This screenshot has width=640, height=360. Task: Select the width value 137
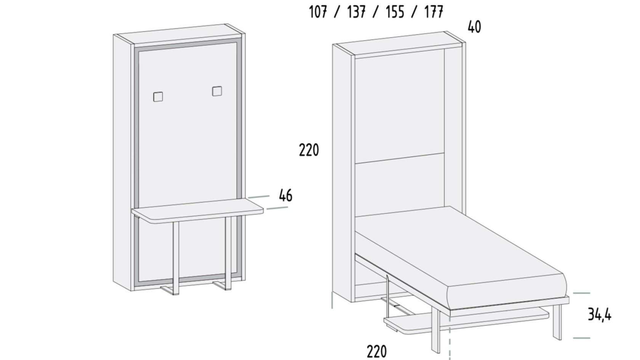coord(356,12)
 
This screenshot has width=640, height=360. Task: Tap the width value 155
coord(395,12)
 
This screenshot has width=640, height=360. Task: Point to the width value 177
coord(434,12)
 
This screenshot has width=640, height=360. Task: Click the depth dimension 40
coord(474,27)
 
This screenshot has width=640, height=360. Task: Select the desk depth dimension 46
coord(286,196)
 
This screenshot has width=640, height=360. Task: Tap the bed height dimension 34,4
coord(600,315)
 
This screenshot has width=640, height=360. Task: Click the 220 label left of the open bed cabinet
coord(309,150)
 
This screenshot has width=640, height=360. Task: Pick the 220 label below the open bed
coord(376,352)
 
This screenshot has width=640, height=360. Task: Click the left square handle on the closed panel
coord(158,97)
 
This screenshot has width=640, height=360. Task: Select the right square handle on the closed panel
coord(217,91)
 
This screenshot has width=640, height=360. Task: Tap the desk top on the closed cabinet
coord(197,211)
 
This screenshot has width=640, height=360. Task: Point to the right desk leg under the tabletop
coord(228,253)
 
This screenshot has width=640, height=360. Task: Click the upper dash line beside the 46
coord(259,197)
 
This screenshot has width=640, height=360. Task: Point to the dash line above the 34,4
coord(581,293)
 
